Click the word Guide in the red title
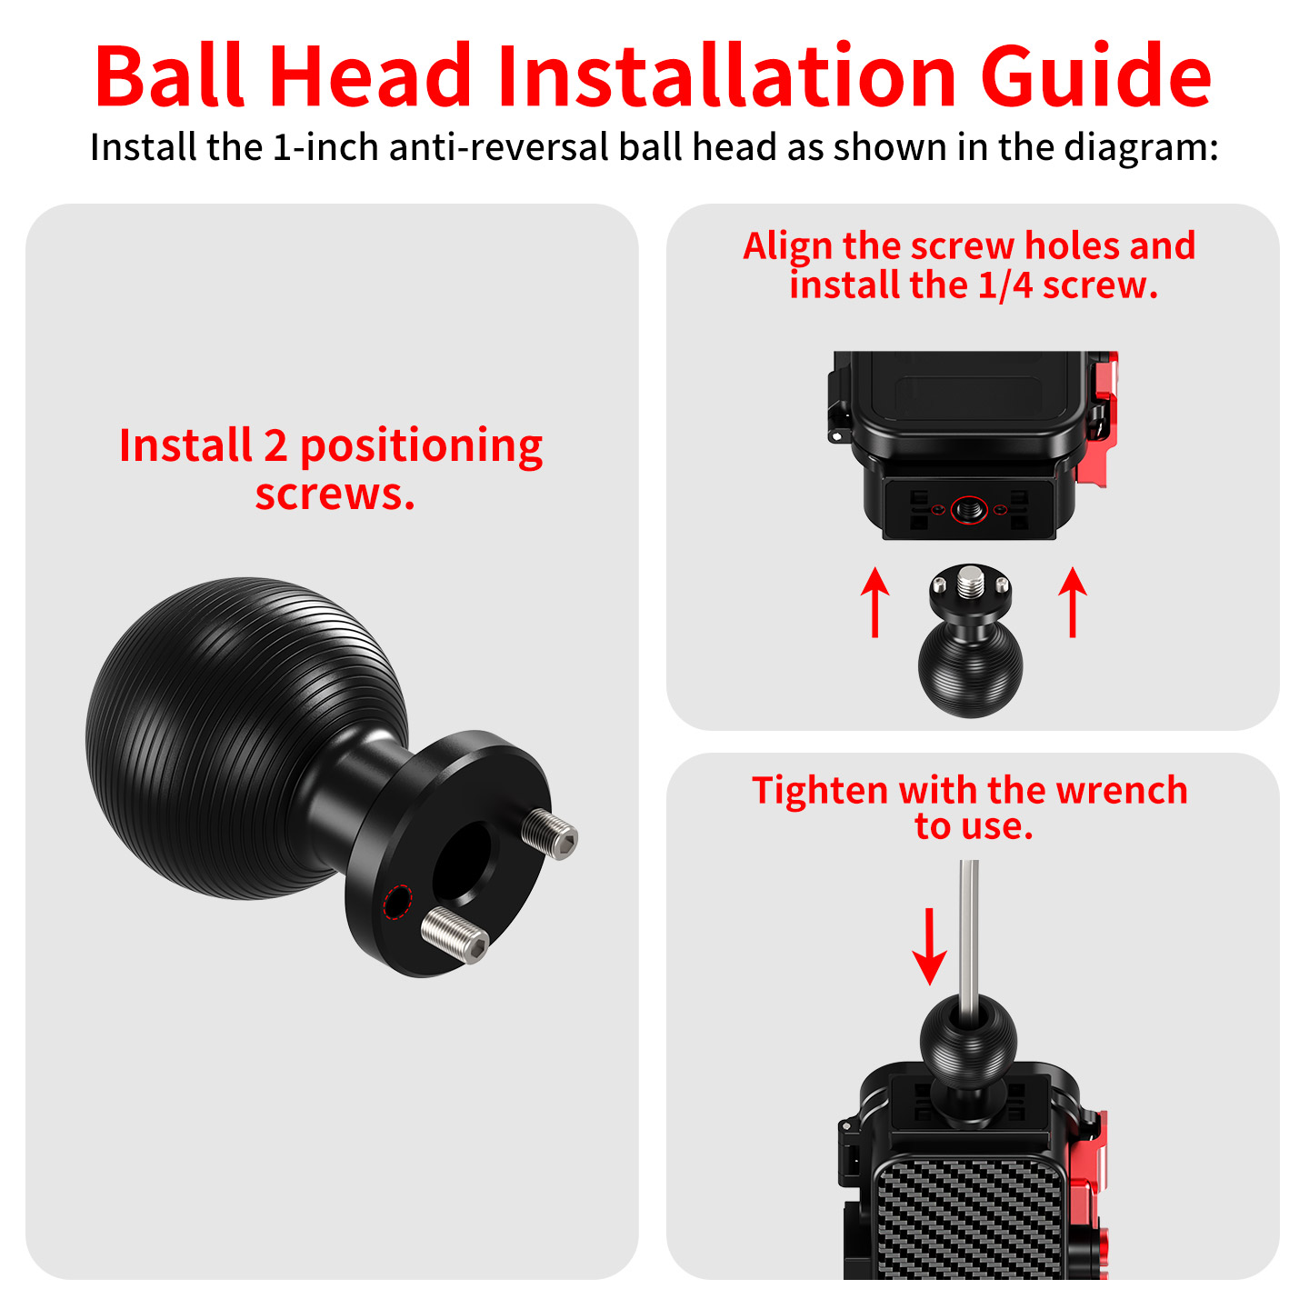[1095, 76]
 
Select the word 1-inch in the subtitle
[325, 147]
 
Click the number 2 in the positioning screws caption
[275, 446]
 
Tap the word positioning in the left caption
[421, 449]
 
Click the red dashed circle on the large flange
[398, 902]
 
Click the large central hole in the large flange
[462, 863]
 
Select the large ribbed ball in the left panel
[246, 738]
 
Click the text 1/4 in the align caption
[1005, 285]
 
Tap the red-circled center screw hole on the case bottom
[969, 509]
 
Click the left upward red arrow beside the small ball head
[874, 602]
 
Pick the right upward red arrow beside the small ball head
[1073, 602]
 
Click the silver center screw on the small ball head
[970, 582]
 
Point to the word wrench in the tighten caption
[1122, 791]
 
